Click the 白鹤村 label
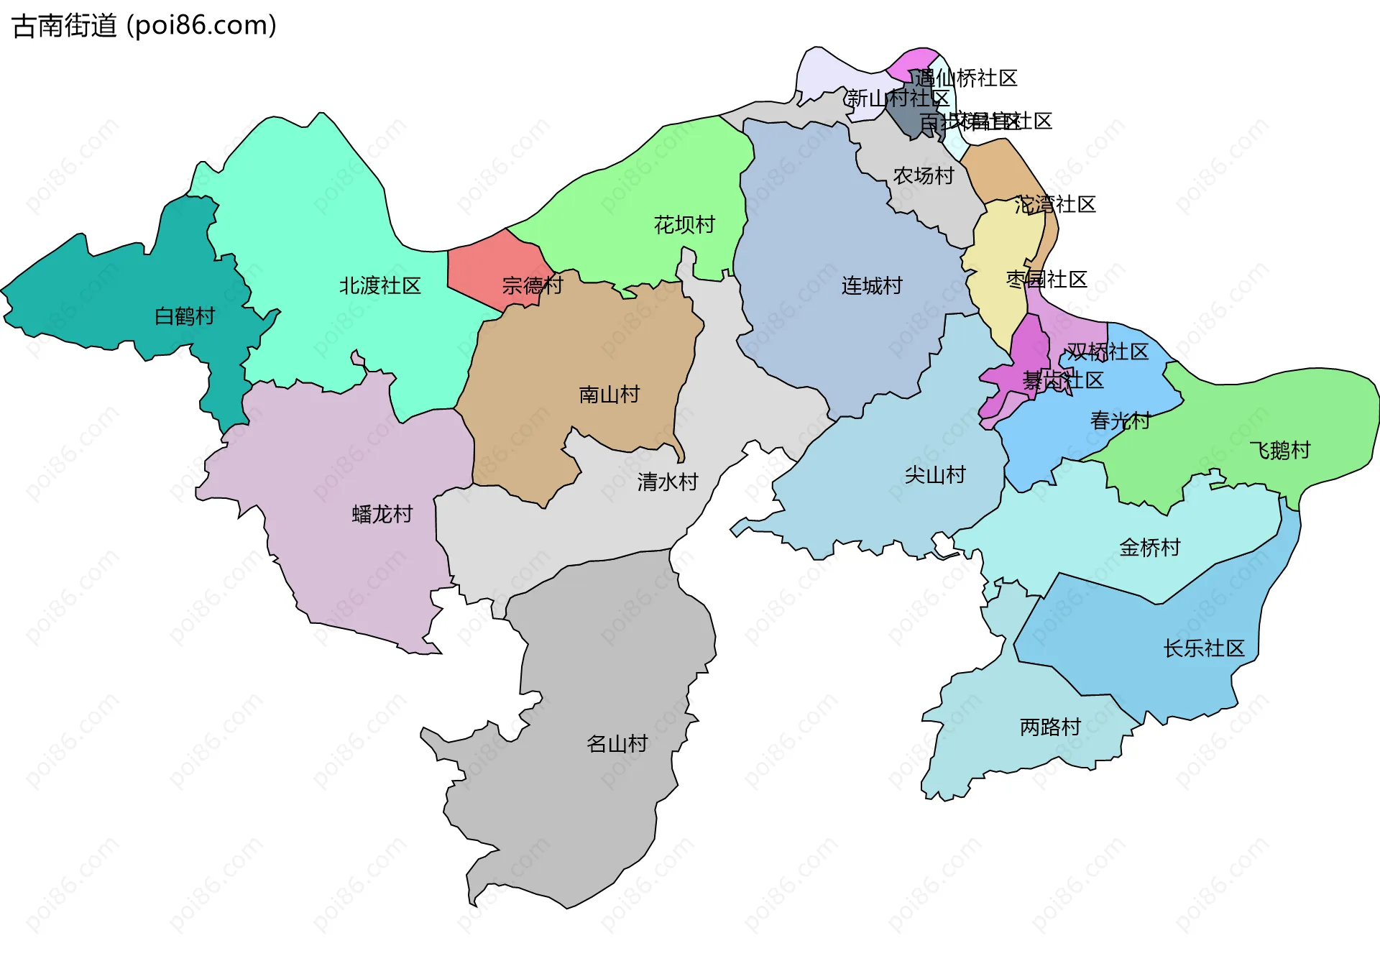[x=185, y=316]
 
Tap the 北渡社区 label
[x=379, y=286]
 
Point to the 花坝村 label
[x=684, y=225]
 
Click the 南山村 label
[x=609, y=395]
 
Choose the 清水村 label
[x=668, y=482]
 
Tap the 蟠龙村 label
[x=382, y=515]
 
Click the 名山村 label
[x=617, y=744]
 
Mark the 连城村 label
[x=872, y=286]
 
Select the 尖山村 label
[x=934, y=475]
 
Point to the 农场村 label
[x=923, y=176]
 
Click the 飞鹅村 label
[x=1280, y=451]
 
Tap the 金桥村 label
[x=1150, y=548]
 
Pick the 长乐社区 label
[x=1204, y=648]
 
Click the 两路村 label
[x=1050, y=727]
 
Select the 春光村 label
[x=1120, y=420]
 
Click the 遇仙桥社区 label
[x=966, y=78]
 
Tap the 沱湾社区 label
[x=1054, y=205]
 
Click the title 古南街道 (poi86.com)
[x=144, y=26]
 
